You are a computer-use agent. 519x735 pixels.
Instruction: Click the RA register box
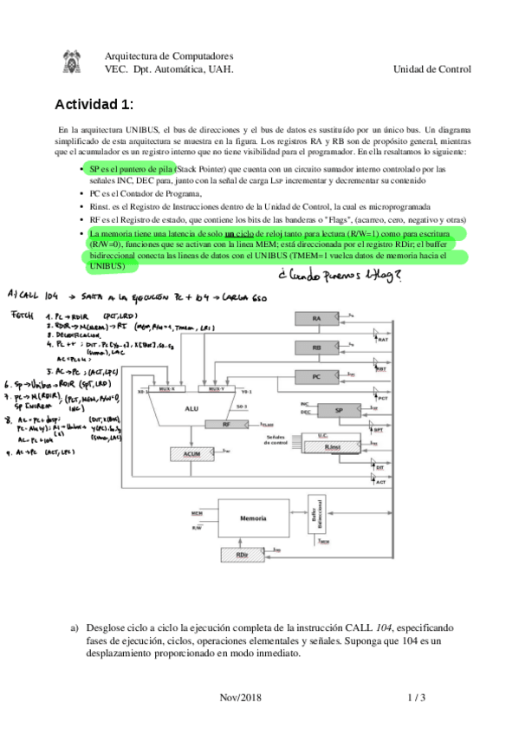317,320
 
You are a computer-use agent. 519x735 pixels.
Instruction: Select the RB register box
317,348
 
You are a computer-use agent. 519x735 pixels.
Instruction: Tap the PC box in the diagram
317,377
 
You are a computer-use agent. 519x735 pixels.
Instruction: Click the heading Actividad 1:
95,105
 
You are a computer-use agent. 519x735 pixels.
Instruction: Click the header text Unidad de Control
431,69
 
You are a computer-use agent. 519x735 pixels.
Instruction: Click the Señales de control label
276,442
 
